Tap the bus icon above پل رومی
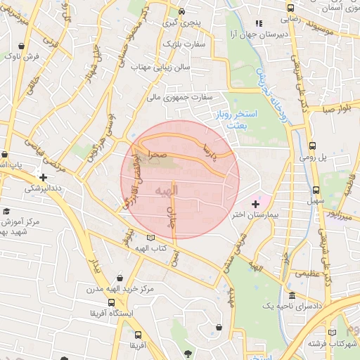pos(312,146)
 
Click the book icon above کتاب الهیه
pos(150,238)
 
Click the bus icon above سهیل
pos(316,190)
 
